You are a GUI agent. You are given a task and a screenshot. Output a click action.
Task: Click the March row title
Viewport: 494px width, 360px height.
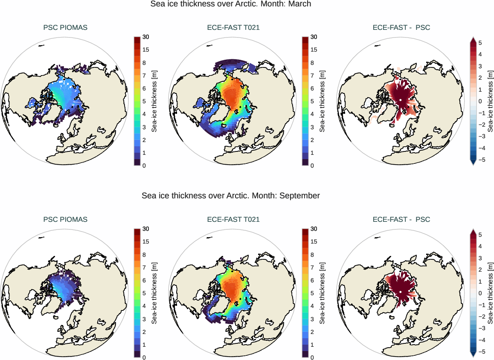click(x=231, y=4)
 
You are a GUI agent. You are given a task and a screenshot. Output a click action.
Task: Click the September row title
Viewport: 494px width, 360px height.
click(x=231, y=196)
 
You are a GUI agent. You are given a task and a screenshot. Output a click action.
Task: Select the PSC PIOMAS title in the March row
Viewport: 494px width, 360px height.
click(x=65, y=28)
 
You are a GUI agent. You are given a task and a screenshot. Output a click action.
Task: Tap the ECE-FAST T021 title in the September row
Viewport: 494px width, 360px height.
click(x=233, y=220)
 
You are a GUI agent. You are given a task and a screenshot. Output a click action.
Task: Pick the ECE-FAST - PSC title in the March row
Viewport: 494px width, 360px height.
click(x=401, y=28)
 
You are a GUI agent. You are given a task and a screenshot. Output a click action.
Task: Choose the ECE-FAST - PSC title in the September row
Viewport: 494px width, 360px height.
click(x=401, y=220)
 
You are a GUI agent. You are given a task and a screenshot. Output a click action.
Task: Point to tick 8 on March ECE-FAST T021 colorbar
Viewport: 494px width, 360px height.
click(x=314, y=63)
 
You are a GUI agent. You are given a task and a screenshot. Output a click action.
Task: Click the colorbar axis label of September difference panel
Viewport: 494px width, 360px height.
click(x=491, y=293)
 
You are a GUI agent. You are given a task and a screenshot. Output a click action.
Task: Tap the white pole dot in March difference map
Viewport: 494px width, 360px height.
click(x=401, y=100)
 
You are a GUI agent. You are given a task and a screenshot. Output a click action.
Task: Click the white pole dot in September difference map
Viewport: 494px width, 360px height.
click(x=401, y=292)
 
